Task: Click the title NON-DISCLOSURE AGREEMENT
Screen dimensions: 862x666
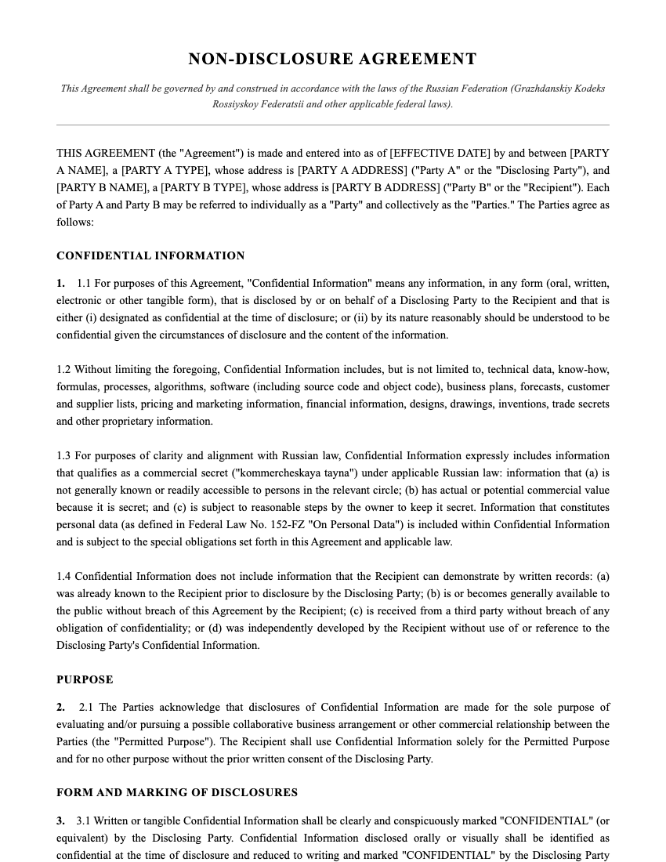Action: [332, 59]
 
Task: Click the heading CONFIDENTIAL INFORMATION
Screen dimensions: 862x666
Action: [150, 255]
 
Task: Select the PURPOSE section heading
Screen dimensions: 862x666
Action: [85, 679]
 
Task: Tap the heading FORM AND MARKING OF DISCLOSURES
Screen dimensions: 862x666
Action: [177, 792]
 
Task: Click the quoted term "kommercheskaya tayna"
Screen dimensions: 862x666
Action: [283, 473]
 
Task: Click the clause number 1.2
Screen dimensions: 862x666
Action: [63, 370]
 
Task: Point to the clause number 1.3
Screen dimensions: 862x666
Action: [63, 456]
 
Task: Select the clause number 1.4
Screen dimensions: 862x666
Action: [63, 577]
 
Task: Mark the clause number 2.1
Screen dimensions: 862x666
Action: [87, 707]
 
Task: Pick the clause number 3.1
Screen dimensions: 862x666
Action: [84, 821]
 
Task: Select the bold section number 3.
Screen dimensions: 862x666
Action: [60, 821]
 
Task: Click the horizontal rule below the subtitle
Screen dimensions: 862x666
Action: [332, 125]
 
